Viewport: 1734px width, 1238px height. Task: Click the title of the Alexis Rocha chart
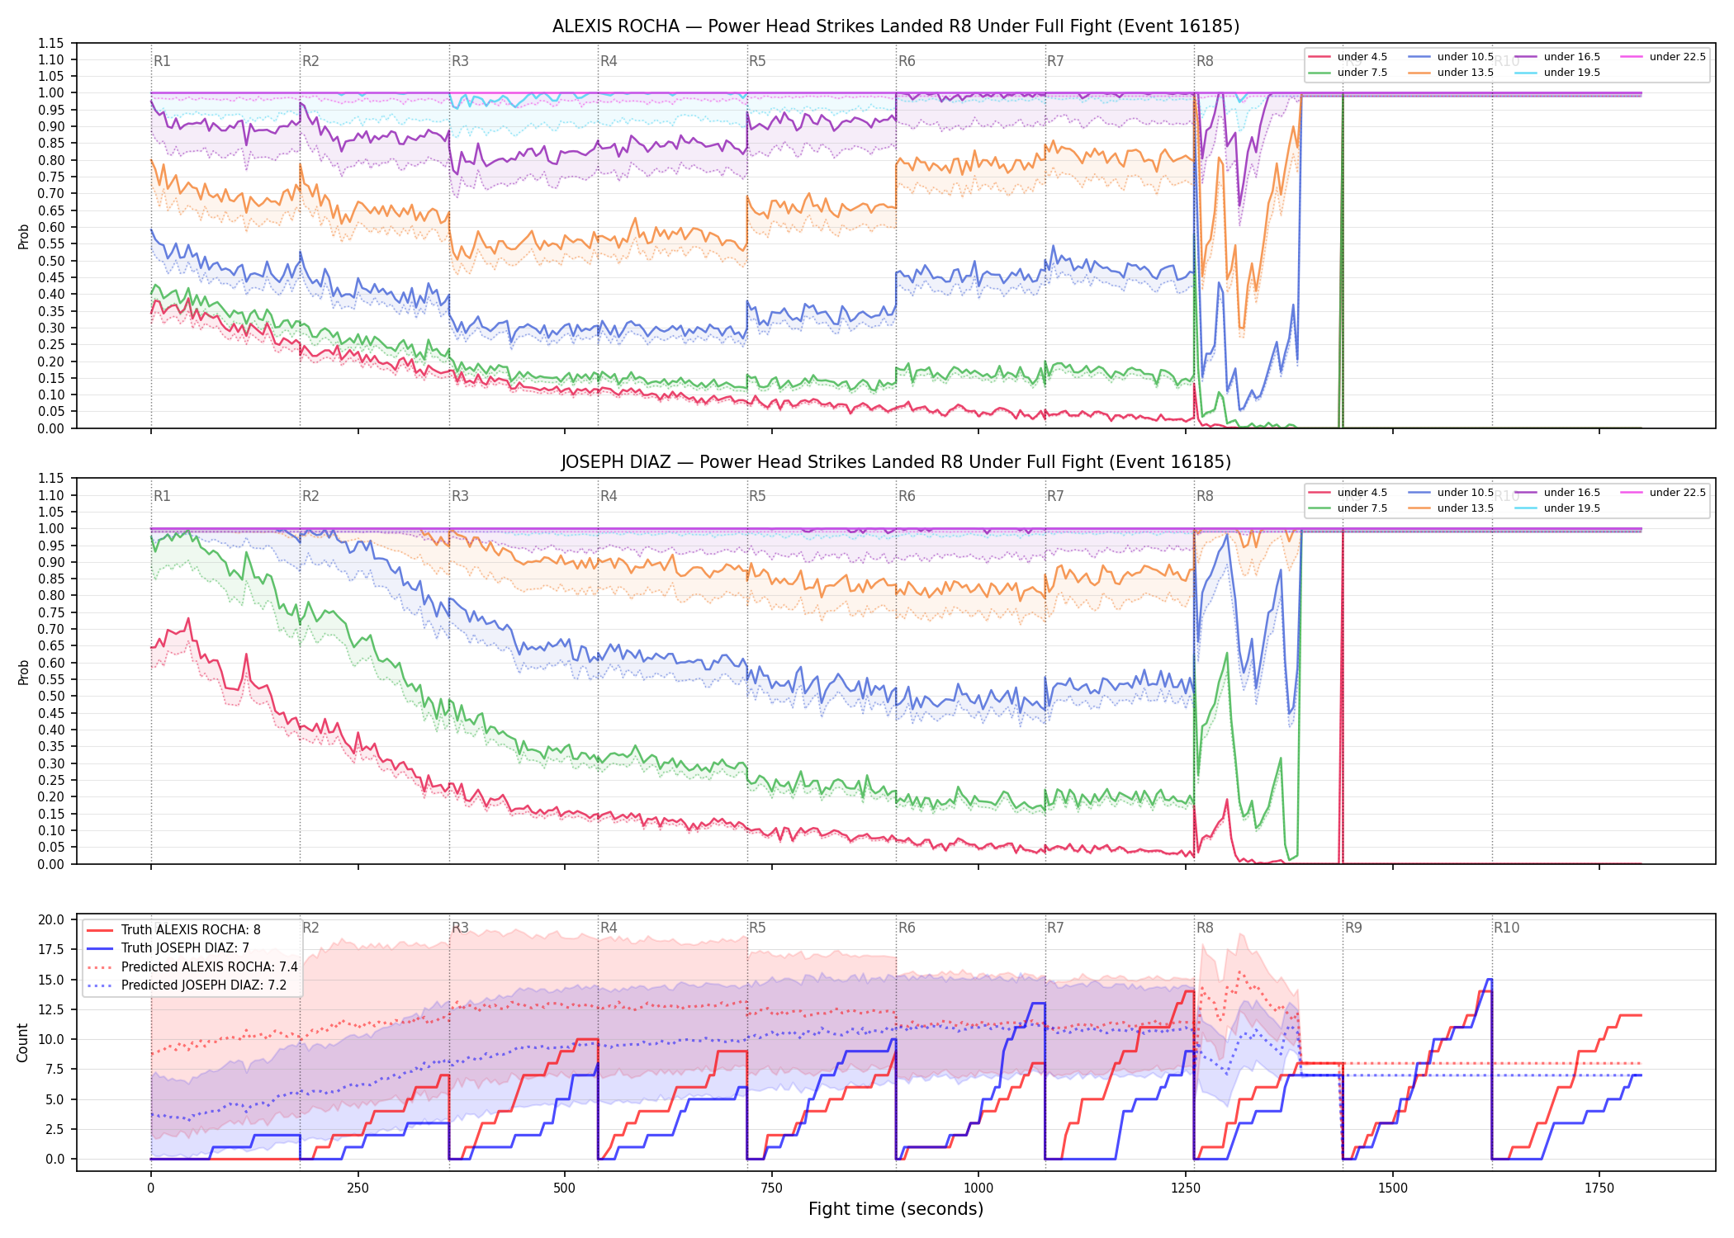896,26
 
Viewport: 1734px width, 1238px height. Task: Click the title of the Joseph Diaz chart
896,462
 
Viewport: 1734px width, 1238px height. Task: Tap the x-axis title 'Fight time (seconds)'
896,1209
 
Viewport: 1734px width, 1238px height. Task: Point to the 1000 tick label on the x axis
978,1188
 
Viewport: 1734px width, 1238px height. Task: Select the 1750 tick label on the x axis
1599,1188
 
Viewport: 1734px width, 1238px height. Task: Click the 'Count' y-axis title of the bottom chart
23,1042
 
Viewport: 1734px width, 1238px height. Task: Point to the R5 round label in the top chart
757,61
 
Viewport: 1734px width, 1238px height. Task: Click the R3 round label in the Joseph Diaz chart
460,496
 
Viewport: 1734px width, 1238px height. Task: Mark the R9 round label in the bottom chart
1353,928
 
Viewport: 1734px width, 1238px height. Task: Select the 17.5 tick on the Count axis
52,949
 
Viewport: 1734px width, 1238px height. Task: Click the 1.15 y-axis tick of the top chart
50,43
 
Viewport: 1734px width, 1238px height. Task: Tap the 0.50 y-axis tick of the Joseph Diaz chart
50,696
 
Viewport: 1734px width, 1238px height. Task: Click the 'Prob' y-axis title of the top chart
23,236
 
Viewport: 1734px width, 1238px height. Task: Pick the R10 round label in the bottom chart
1506,928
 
